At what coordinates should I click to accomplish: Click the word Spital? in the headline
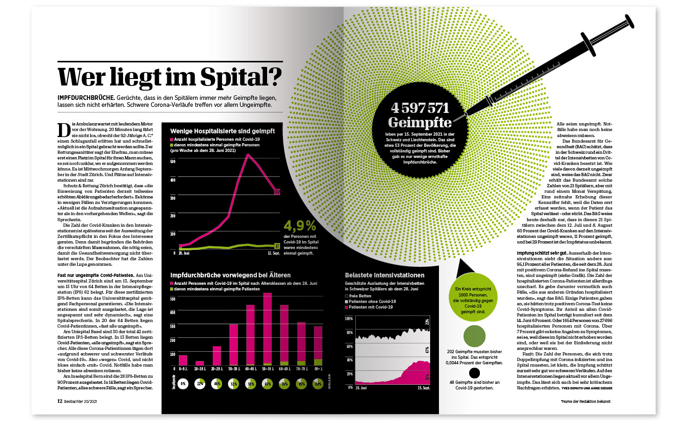tap(241, 77)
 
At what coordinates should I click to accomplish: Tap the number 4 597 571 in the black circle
tap(420, 108)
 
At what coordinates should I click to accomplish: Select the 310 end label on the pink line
tap(277, 191)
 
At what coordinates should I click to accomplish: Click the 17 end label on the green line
tap(277, 246)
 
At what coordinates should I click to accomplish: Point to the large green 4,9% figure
tap(300, 226)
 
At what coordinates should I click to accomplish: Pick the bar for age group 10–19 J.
tap(200, 363)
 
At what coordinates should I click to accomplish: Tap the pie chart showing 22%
tap(200, 384)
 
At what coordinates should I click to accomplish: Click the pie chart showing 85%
tap(301, 384)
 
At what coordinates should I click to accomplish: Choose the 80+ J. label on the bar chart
tap(318, 369)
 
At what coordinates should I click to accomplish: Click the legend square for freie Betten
tap(347, 296)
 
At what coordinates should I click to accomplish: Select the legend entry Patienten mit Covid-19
tap(371, 307)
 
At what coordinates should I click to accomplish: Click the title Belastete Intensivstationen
tap(384, 276)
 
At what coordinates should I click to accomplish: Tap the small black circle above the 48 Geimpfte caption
tap(474, 373)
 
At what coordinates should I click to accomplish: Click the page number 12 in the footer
tap(60, 401)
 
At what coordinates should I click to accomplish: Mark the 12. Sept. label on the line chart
tap(274, 253)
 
